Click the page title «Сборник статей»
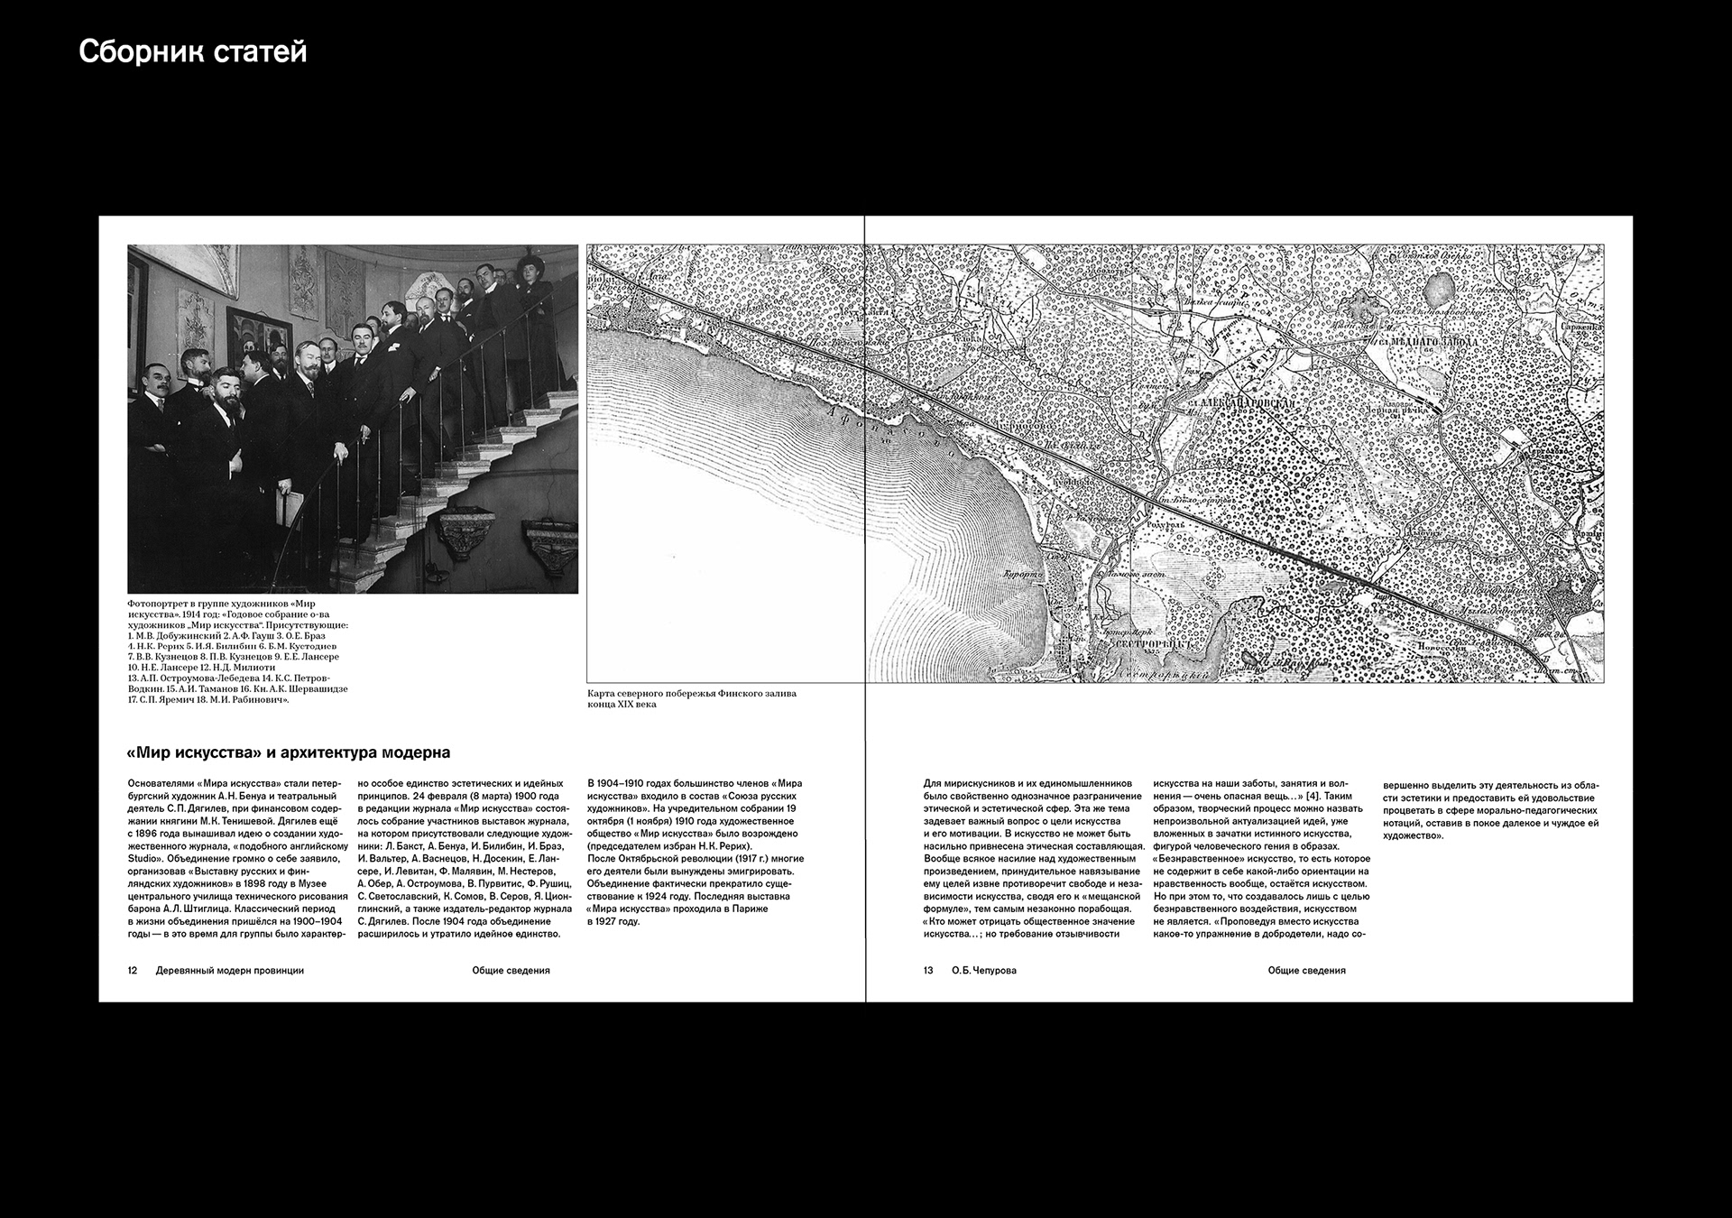pyautogui.click(x=192, y=52)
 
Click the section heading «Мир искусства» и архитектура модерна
pyautogui.click(x=289, y=752)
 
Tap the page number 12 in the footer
pyautogui.click(x=133, y=971)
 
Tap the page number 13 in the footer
pyautogui.click(x=928, y=971)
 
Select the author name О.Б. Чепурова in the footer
pyautogui.click(x=984, y=971)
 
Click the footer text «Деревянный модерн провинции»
pyautogui.click(x=230, y=971)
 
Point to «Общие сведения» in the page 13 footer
pyautogui.click(x=1306, y=971)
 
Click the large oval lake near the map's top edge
pyautogui.click(x=1437, y=290)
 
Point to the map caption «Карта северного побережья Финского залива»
pyautogui.click(x=692, y=694)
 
